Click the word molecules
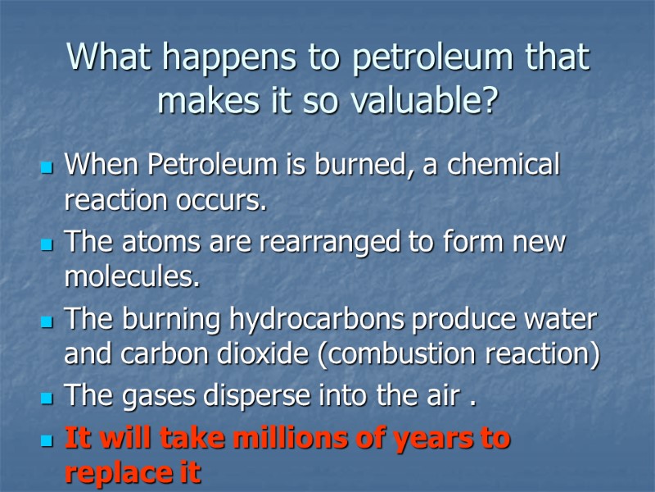[131, 278]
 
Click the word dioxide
[265, 354]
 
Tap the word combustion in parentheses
[415, 354]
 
